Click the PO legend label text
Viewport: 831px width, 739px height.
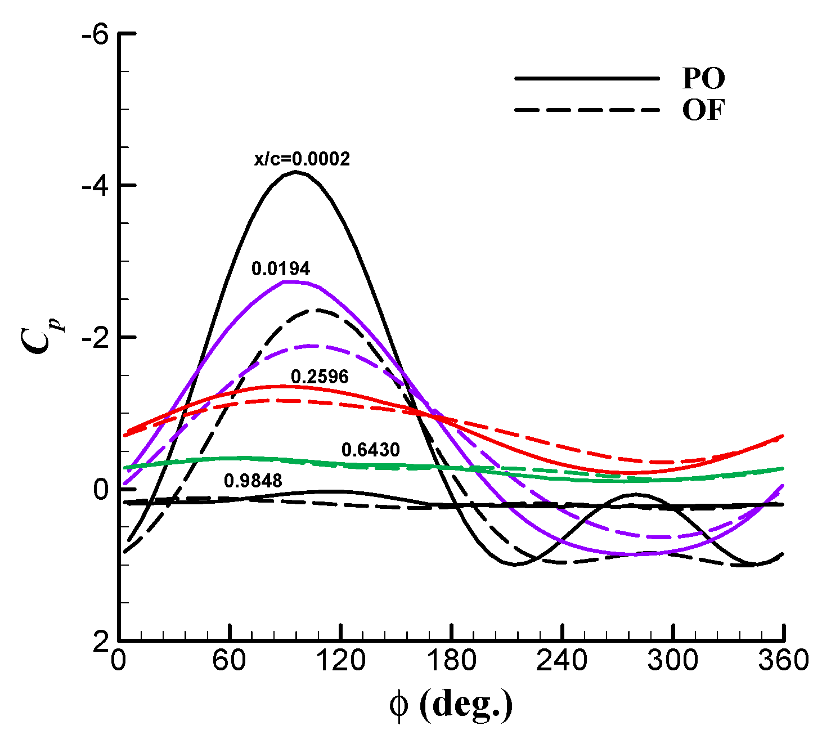[x=703, y=79]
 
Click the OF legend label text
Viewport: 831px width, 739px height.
[x=703, y=110]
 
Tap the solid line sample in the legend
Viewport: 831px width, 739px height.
[x=586, y=79]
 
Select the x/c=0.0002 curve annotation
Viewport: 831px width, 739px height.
[x=302, y=159]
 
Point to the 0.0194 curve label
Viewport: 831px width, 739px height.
[x=281, y=269]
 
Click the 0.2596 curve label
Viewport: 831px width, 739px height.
[x=320, y=377]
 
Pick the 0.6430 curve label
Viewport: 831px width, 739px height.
[x=370, y=450]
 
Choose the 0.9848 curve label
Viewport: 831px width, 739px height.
[x=253, y=480]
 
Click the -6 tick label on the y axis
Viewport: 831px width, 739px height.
[x=94, y=35]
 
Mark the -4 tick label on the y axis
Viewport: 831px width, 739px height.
[x=94, y=185]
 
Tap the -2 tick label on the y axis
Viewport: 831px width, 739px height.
[x=94, y=337]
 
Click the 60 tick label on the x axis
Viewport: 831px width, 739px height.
[x=230, y=661]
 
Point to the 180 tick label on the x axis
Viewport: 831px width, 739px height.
[x=451, y=661]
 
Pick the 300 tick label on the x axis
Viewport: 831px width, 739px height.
[x=673, y=661]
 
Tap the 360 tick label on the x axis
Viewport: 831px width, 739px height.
[x=783, y=661]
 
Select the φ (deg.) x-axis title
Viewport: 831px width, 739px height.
[x=451, y=704]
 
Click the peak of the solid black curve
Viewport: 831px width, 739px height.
[x=295, y=172]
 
